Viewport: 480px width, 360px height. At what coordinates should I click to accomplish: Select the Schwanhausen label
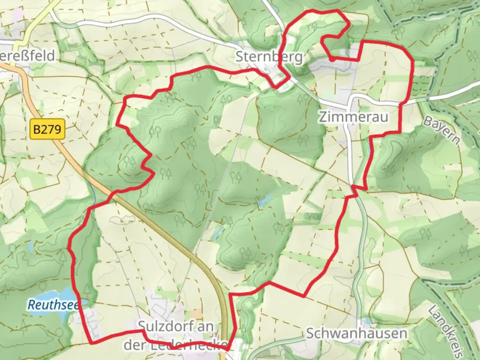click(356, 333)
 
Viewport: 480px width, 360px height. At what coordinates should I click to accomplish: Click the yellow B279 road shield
click(48, 129)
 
